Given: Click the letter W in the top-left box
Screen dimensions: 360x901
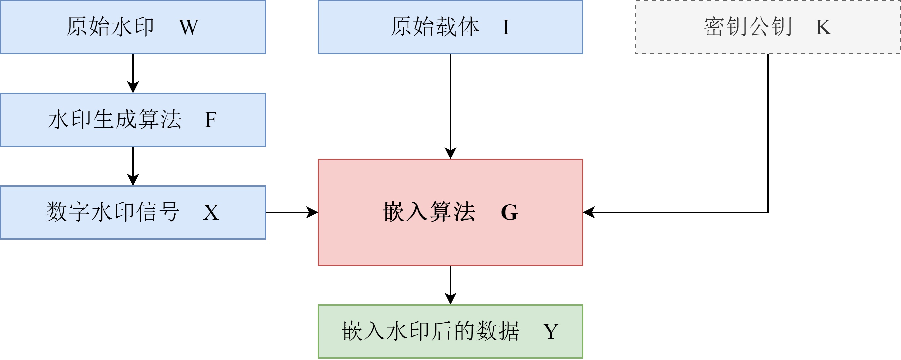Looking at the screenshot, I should coord(189,27).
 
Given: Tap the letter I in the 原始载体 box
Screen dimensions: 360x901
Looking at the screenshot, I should coord(506,27).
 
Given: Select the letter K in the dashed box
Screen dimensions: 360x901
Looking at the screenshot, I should coord(823,27).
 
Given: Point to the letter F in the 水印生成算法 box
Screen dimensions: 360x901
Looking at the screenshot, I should coord(211,120).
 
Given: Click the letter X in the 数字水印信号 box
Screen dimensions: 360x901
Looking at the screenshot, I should coord(211,212).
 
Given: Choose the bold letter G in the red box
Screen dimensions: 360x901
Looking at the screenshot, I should coord(509,212).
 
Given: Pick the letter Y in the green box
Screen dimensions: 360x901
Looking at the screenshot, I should coord(551,331).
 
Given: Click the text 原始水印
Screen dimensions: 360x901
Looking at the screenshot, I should coord(110,27).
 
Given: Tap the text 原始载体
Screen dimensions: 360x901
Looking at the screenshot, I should coord(435,27).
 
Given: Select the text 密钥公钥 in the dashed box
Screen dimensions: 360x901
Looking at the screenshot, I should coord(748,27).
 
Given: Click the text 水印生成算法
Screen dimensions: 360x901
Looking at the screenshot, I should coord(115,120).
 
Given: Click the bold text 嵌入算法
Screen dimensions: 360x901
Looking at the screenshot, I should coord(429,212).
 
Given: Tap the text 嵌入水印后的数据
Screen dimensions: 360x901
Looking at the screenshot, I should coord(431,331).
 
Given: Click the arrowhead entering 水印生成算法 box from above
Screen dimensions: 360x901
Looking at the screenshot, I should coord(133,87).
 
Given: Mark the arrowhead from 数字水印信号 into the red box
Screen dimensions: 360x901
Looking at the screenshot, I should coord(312,212).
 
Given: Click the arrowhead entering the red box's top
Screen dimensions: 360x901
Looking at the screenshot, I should coord(450,154).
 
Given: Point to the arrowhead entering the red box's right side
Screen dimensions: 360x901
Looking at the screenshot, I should coord(589,212).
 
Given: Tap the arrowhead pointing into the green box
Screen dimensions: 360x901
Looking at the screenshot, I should coord(450,299).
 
